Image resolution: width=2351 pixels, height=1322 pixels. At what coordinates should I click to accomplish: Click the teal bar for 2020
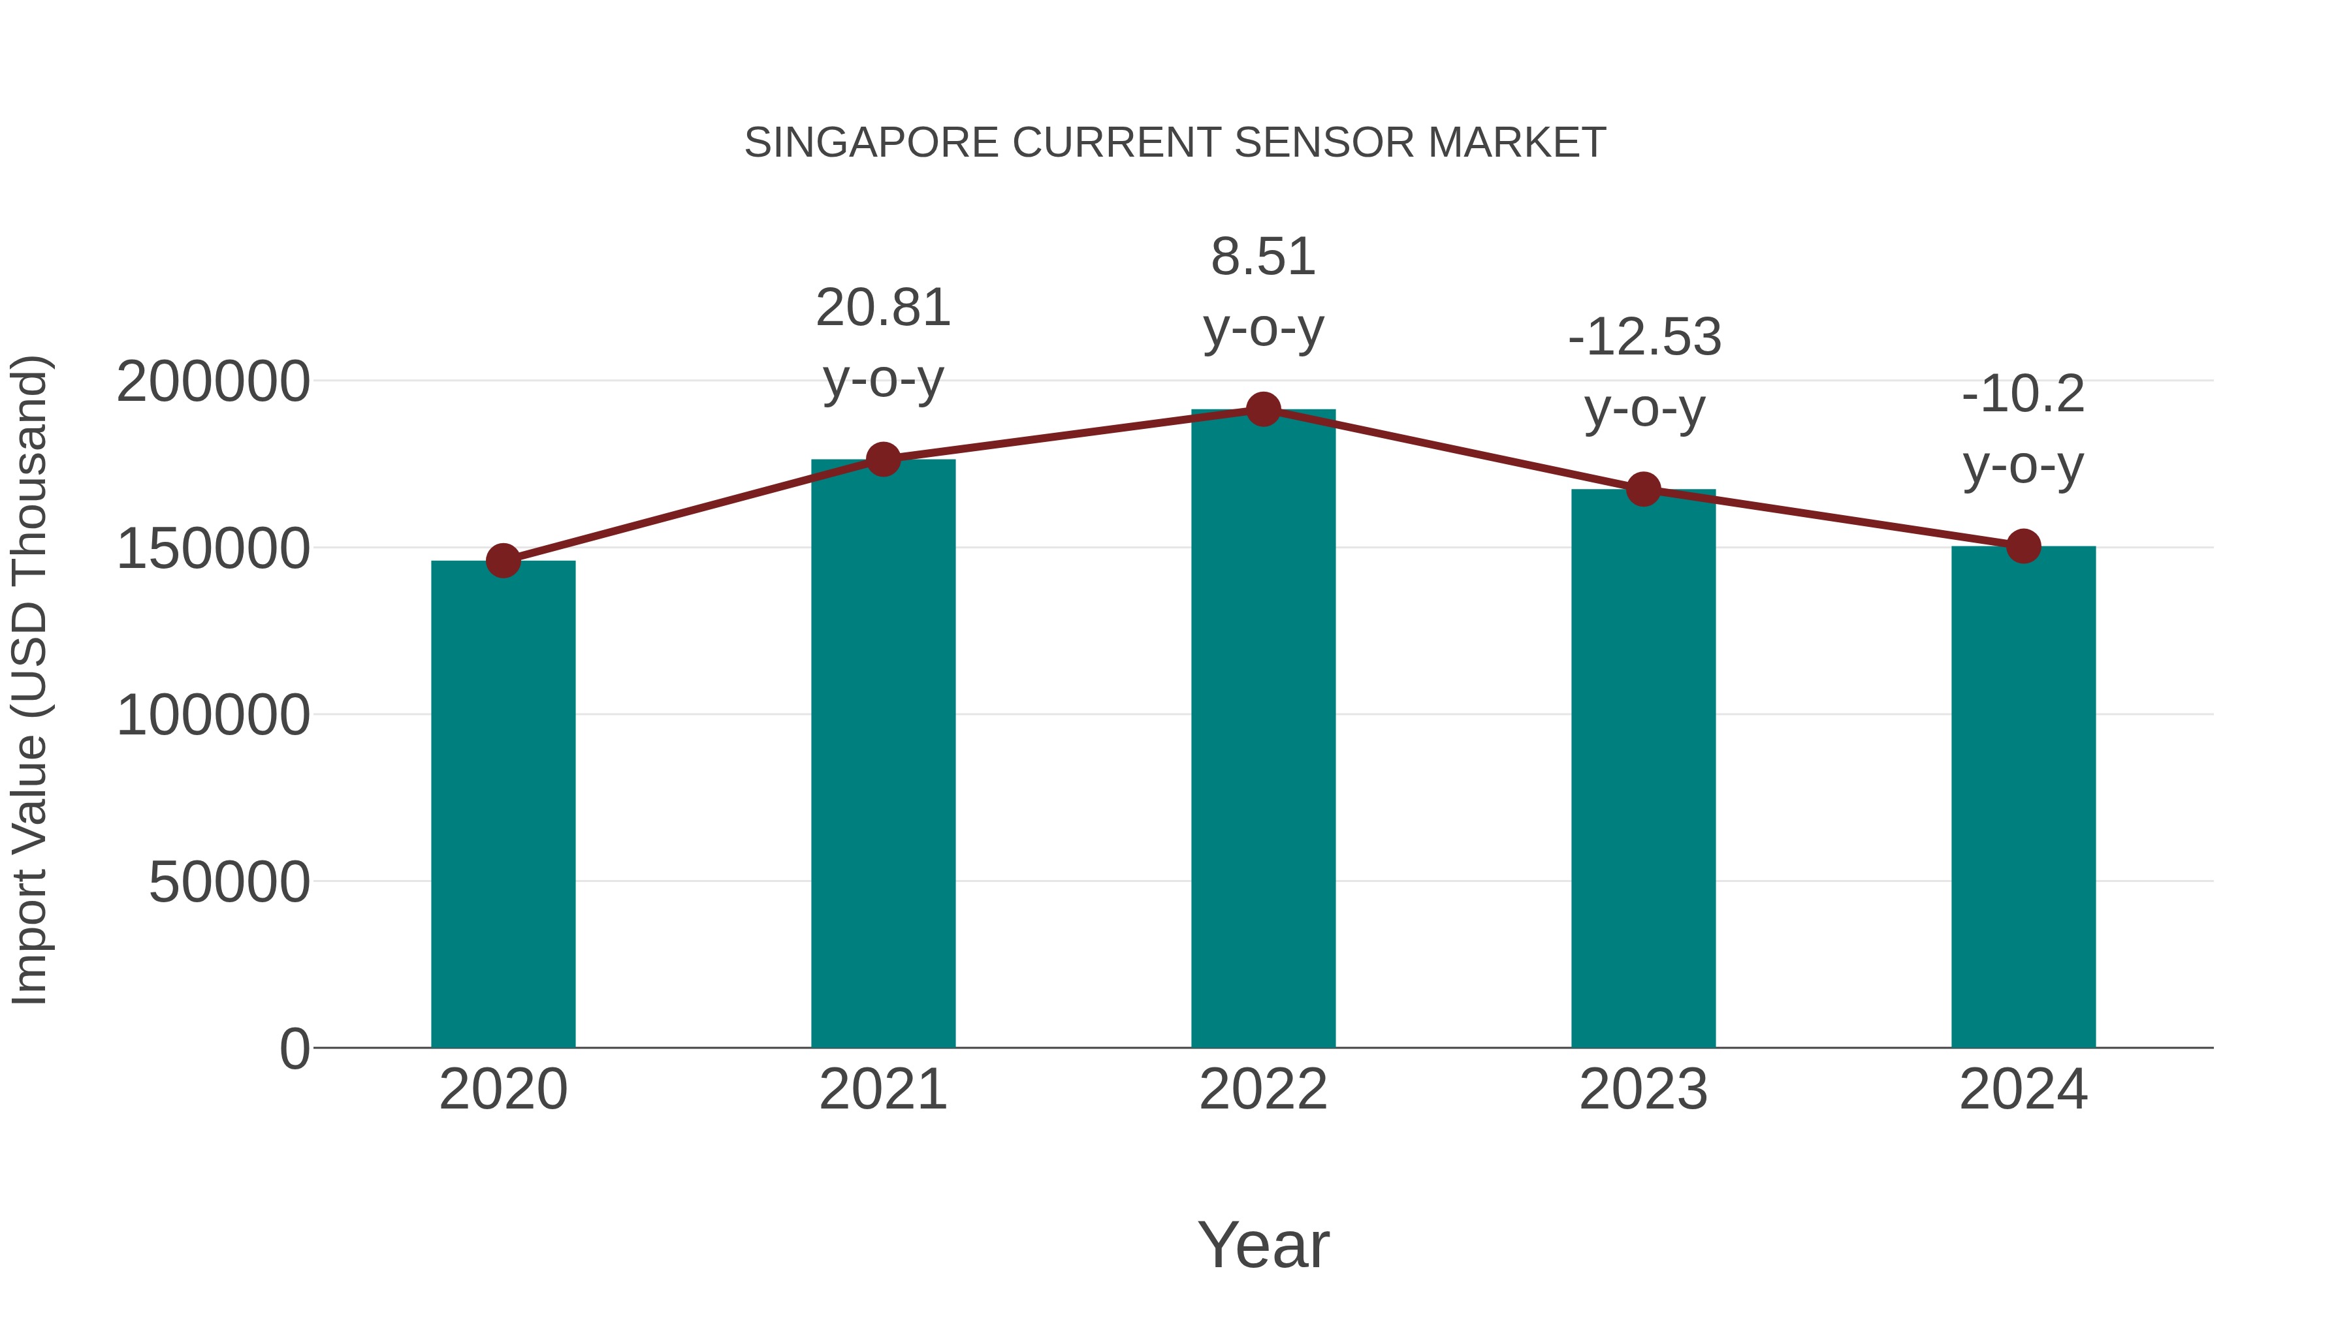point(503,803)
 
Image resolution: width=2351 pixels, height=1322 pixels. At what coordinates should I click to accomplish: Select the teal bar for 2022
point(1263,730)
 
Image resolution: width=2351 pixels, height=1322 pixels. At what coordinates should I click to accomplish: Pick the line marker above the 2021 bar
point(884,459)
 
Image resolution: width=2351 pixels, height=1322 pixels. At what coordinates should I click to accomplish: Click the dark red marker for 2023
point(1644,489)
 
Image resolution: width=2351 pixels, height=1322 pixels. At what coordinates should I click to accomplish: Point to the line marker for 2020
point(503,560)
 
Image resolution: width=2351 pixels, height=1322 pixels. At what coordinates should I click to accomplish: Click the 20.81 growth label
point(884,308)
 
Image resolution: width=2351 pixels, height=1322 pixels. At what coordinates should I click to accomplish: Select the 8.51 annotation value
point(1263,257)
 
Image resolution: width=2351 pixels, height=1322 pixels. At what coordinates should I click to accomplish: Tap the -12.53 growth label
point(1644,338)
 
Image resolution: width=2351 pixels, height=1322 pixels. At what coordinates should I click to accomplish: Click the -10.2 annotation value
point(2023,395)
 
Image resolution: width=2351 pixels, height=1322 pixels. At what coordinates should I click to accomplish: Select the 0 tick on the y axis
point(295,1048)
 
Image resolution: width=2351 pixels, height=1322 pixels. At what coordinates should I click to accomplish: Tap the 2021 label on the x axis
point(884,1090)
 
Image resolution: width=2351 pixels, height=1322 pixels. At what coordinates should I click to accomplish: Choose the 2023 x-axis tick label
point(1644,1090)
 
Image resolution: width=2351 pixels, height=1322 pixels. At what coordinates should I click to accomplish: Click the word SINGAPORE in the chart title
point(872,143)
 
